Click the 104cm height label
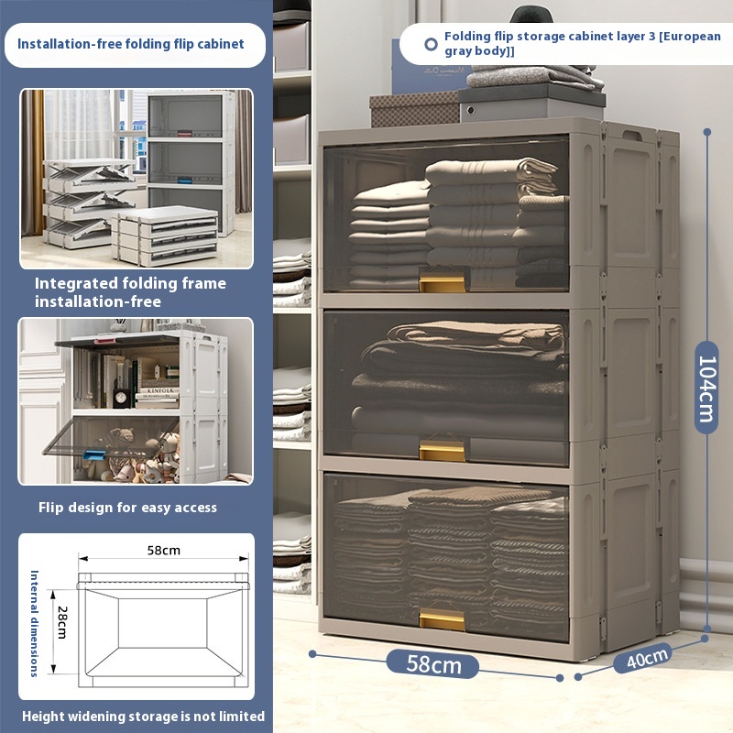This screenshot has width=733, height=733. coord(706,388)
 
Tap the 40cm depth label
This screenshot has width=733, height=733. coord(648,658)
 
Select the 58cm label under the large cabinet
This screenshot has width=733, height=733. coord(433,664)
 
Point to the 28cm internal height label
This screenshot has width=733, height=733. coord(62,622)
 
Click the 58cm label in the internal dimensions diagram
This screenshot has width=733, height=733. coord(164,551)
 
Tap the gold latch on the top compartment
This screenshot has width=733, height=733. coord(442,283)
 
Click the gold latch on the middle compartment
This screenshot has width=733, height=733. coord(442,450)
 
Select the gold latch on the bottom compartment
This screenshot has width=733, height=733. coord(442,619)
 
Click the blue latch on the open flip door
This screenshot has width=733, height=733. coord(94,454)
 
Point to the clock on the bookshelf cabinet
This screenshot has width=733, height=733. coord(120,399)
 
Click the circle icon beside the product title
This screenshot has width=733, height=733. coord(431,44)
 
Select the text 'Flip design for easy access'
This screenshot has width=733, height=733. coord(127,508)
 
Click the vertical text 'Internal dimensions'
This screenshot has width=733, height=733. coord(34,623)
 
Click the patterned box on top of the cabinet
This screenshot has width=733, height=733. coord(414,109)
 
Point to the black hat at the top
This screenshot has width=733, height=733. coord(531,15)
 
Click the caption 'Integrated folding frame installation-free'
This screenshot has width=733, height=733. coord(130,292)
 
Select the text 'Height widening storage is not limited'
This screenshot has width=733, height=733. coord(143,717)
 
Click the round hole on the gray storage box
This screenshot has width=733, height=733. coord(471,110)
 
